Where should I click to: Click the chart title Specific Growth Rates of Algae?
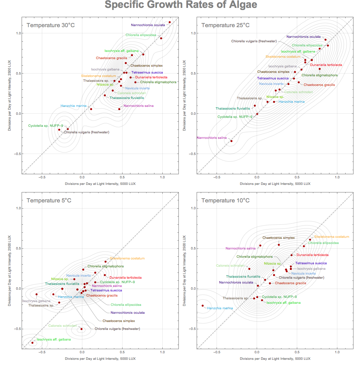point(181,5)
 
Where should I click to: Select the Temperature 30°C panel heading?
point(50,25)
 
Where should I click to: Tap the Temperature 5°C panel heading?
point(49,201)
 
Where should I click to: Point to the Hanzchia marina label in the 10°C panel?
point(220,308)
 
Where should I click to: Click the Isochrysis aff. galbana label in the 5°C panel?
point(54,340)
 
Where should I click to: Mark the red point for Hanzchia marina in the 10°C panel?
point(202,305)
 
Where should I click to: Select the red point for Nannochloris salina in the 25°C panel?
point(231,141)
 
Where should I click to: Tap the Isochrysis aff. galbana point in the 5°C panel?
point(33,343)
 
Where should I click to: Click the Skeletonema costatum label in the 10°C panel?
point(332,237)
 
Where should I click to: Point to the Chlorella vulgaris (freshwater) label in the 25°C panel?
point(254,41)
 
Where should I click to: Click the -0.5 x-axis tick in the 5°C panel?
point(42,352)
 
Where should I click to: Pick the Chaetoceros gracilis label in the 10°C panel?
point(290,283)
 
